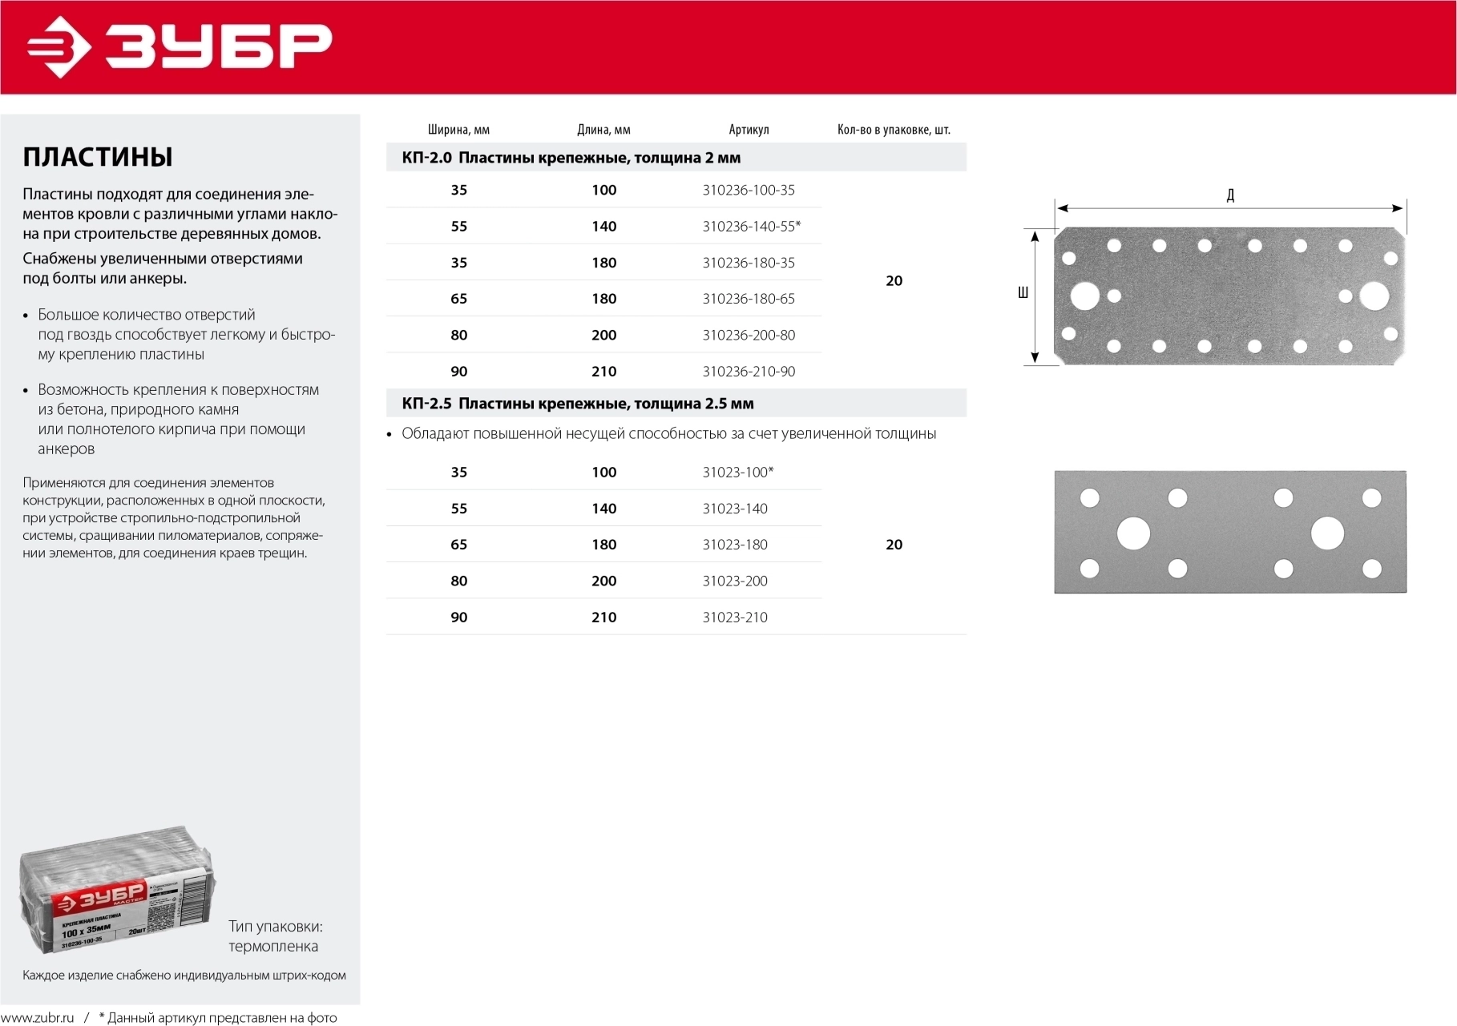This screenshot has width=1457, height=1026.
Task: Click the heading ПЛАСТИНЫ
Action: pos(98,157)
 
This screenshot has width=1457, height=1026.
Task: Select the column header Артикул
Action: pos(749,130)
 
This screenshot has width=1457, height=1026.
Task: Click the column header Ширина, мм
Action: pos(458,130)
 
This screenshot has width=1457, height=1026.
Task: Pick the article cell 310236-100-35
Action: pos(749,190)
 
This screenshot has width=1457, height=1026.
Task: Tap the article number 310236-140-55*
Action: pos(751,227)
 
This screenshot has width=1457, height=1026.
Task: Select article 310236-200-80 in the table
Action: pos(749,336)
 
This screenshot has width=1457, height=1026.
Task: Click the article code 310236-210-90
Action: pos(749,372)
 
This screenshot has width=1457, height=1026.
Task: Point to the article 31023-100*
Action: pos(738,473)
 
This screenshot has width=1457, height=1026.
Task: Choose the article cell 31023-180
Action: pos(735,545)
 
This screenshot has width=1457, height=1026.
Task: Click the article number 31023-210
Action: pos(735,618)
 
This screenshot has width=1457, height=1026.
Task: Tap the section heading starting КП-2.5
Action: pos(577,404)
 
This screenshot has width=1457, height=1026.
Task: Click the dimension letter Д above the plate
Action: pos(1230,195)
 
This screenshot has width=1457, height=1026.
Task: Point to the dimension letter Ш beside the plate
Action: pos(1023,293)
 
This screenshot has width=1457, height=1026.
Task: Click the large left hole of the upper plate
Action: pos(1085,296)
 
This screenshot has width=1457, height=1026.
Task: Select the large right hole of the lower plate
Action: pos(1327,533)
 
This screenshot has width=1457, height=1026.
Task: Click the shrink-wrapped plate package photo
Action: pos(117,891)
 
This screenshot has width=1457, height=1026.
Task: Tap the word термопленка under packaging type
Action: pos(273,947)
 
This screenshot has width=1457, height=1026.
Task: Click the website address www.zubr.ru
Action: pos(37,1018)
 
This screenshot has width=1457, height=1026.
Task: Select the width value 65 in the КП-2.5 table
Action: pos(458,545)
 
